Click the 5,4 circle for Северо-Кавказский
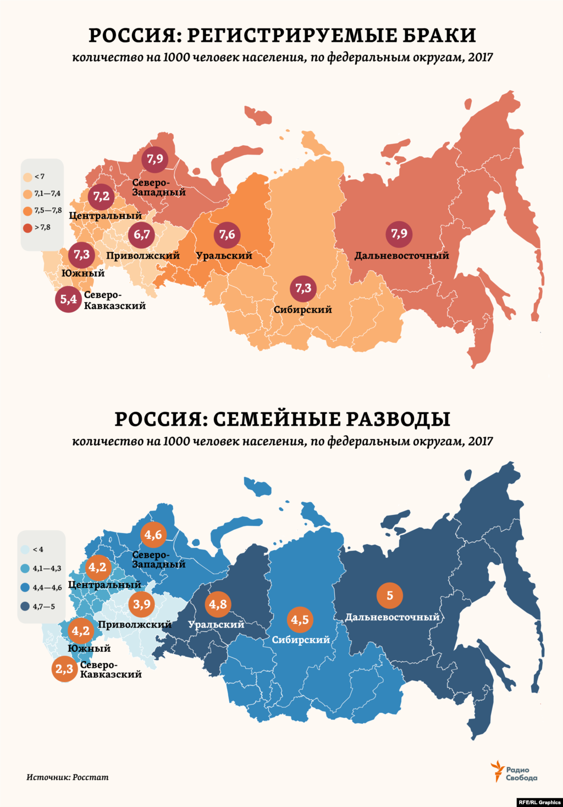68,300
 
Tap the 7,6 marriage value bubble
227,235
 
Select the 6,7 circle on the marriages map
142,235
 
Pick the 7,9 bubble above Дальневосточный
399,234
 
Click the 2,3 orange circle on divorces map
64,669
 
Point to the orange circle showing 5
390,595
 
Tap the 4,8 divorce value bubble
217,604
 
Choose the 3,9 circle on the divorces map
142,604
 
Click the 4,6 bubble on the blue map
153,535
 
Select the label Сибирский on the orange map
303,310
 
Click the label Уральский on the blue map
216,625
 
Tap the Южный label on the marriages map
83,273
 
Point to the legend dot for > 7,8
27,228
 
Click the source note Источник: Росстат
68,777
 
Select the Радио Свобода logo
514,773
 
